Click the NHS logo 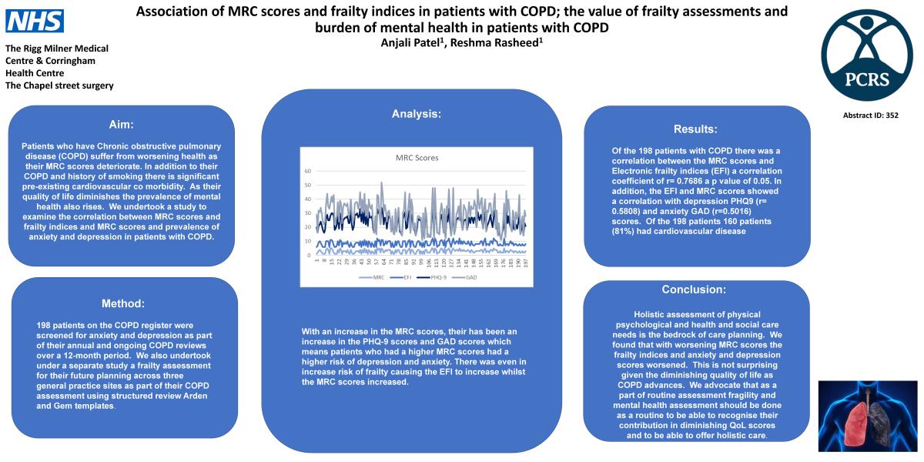click(x=35, y=21)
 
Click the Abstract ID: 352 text click(x=871, y=115)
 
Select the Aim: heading click(x=122, y=125)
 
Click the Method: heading click(x=123, y=303)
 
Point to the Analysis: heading click(x=417, y=113)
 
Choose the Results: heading click(x=695, y=129)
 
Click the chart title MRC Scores click(x=417, y=159)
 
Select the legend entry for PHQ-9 click(x=437, y=276)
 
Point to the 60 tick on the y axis click(x=308, y=171)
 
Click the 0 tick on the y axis click(x=310, y=254)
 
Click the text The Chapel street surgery click(x=59, y=85)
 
